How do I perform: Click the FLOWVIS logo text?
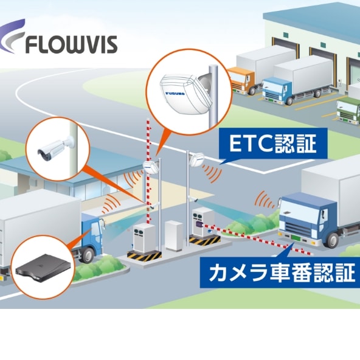tap(71, 44)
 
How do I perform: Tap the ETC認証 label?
tap(273, 144)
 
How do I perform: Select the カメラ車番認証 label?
tap(282, 273)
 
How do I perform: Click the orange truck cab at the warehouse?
tap(240, 80)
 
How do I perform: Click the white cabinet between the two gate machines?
tap(174, 235)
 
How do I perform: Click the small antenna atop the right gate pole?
tap(196, 159)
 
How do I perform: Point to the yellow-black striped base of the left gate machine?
tap(144, 256)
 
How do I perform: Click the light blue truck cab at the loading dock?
tap(277, 89)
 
